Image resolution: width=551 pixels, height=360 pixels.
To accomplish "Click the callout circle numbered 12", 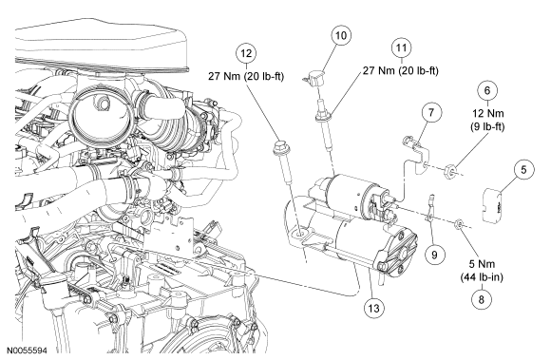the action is pyautogui.click(x=246, y=53).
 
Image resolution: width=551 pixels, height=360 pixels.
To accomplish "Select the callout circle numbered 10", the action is pyautogui.click(x=341, y=35).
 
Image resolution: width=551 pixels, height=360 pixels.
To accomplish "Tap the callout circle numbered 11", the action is pyautogui.click(x=401, y=48).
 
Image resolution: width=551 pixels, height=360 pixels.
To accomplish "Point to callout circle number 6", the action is pyautogui.click(x=487, y=90).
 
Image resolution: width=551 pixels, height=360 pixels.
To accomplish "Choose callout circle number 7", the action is pyautogui.click(x=431, y=112).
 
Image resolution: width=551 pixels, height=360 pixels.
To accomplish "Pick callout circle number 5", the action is pyautogui.click(x=523, y=170).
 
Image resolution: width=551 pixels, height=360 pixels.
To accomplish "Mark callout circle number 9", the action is pyautogui.click(x=434, y=255).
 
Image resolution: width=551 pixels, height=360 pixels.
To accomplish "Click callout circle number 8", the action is pyautogui.click(x=481, y=299).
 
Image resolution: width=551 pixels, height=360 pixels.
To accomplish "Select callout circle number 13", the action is pyautogui.click(x=374, y=309).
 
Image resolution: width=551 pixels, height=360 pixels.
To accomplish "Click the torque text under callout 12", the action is pyautogui.click(x=246, y=76).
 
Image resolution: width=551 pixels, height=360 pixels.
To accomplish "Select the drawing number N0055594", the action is pyautogui.click(x=28, y=351).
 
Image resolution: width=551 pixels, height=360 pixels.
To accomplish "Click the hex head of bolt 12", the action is pyautogui.click(x=280, y=146).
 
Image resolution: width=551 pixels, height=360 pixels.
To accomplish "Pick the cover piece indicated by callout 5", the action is pyautogui.click(x=492, y=205).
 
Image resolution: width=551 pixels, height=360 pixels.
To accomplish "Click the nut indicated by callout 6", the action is pyautogui.click(x=449, y=171).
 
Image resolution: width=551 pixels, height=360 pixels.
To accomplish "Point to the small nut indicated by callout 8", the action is pyautogui.click(x=459, y=224).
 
